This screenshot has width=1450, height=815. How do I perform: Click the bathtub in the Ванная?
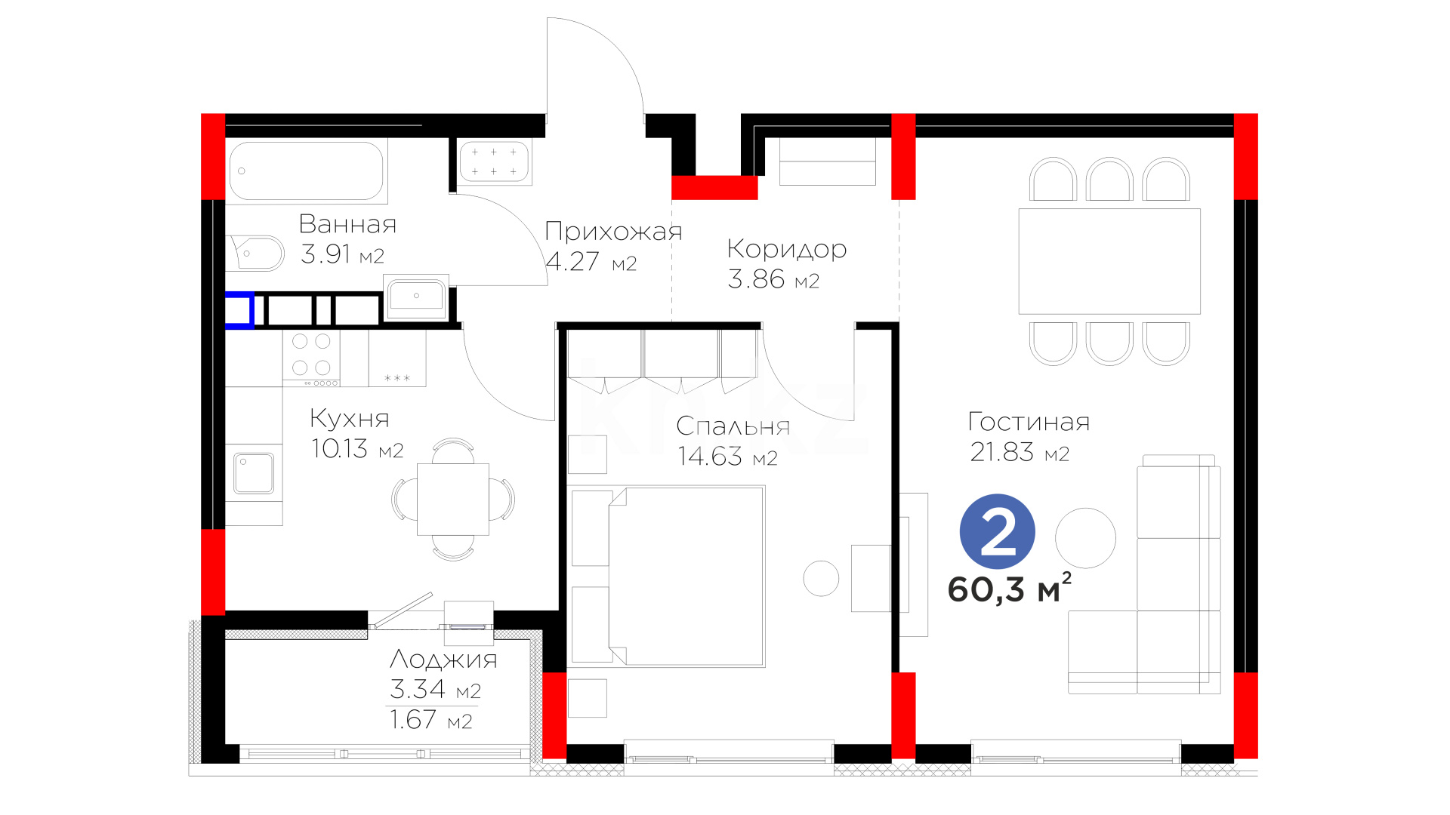[307, 171]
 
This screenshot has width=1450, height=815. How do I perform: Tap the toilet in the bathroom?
[255, 254]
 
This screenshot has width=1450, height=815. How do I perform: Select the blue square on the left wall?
[239, 310]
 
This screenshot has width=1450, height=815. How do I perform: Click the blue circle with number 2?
[997, 532]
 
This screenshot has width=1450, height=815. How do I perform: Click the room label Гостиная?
[1029, 422]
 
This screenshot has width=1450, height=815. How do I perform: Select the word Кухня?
[350, 418]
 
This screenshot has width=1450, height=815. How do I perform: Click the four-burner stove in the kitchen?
[311, 358]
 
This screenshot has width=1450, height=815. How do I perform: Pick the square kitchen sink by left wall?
[254, 473]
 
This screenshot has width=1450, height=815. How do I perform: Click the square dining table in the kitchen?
[453, 499]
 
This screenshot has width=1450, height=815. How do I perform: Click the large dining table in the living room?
[1109, 261]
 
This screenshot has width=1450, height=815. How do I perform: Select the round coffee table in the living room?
[1085, 538]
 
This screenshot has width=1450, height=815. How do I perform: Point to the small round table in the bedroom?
[821, 579]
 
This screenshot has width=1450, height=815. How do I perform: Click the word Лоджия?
[443, 660]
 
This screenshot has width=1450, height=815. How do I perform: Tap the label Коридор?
[787, 249]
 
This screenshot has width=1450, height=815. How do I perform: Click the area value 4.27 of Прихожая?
[572, 261]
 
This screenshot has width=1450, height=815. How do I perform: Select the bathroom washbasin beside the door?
[416, 297]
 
